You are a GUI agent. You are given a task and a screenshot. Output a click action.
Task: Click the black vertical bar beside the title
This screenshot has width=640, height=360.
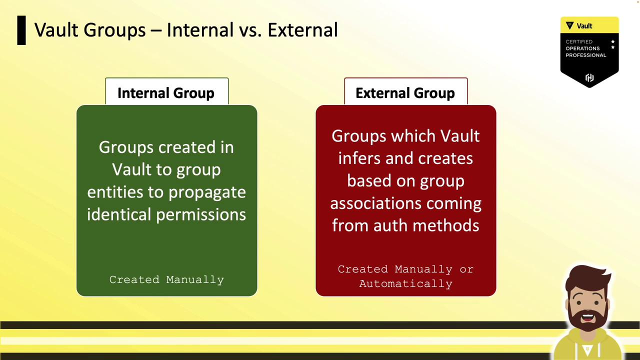[21, 30]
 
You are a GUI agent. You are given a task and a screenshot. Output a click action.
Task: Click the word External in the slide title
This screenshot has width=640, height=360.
[303, 29]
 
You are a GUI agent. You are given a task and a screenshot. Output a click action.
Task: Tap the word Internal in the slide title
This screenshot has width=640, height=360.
[200, 29]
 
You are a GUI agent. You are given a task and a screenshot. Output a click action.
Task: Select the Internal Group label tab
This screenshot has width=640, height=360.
[167, 91]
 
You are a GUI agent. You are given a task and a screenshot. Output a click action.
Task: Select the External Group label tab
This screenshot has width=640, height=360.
[405, 91]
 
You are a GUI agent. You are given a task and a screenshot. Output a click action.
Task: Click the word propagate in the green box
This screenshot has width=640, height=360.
[207, 192]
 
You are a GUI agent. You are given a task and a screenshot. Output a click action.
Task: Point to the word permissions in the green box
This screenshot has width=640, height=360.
[201, 215]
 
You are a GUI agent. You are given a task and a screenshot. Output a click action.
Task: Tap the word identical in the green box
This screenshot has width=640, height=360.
[119, 214]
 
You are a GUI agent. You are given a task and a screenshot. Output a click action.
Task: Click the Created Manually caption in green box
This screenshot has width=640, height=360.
[166, 279]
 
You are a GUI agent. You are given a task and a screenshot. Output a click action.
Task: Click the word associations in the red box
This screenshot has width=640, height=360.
[375, 203]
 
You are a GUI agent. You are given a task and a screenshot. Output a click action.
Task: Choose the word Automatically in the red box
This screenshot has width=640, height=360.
[405, 283]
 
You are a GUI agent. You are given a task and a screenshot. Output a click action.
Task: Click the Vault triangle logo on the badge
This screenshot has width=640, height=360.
[569, 25]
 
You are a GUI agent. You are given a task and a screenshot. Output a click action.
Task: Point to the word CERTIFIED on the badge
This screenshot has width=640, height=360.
[579, 41]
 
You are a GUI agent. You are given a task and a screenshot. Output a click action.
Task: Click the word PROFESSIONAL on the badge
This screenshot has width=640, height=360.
[585, 55]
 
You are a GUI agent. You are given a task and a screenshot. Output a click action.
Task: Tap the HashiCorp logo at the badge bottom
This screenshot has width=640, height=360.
[589, 77]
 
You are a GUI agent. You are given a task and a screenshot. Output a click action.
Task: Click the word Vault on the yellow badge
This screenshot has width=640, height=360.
[584, 26]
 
